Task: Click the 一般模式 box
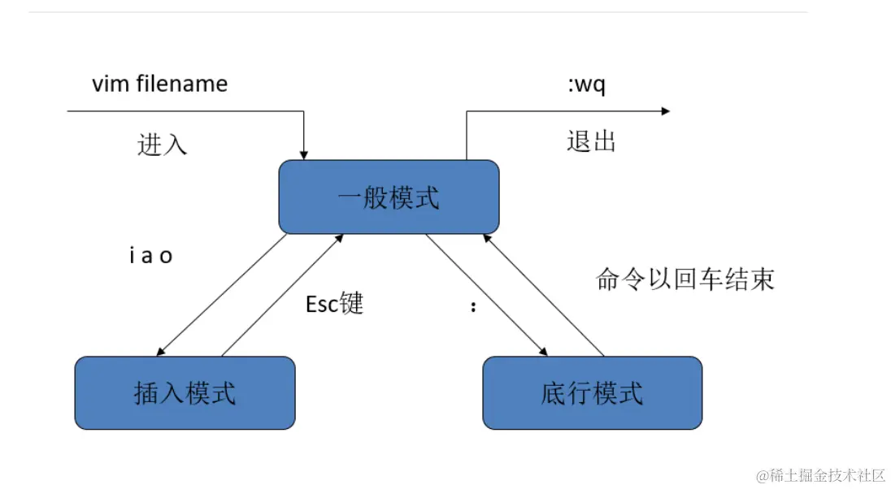click(x=389, y=197)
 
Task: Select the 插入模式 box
click(x=185, y=393)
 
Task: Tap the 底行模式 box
click(x=592, y=393)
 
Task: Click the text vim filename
click(x=159, y=84)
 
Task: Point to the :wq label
click(x=586, y=84)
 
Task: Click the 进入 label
click(x=163, y=144)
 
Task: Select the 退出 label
click(x=591, y=141)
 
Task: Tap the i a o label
click(x=151, y=256)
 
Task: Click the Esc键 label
click(x=334, y=304)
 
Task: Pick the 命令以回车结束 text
click(x=685, y=279)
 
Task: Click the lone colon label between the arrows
click(x=473, y=309)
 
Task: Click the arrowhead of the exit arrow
click(x=665, y=111)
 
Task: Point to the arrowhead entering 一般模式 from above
click(x=304, y=154)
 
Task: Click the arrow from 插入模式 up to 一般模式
click(x=282, y=296)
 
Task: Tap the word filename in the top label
click(x=182, y=84)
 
